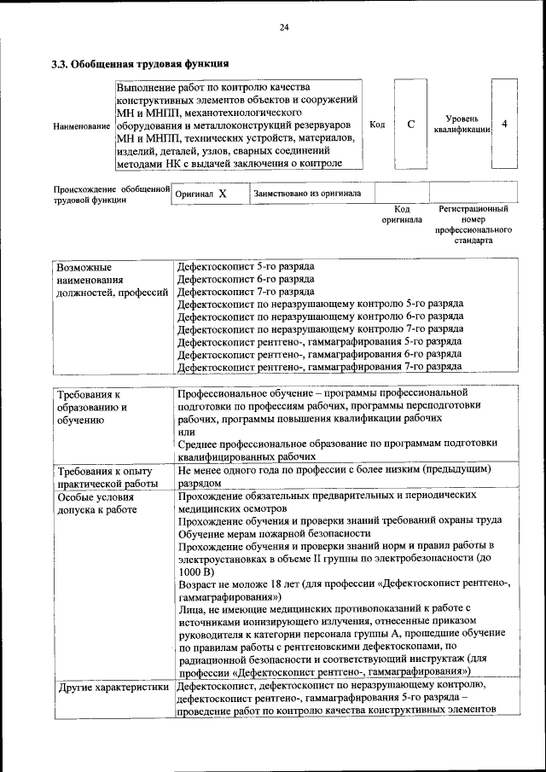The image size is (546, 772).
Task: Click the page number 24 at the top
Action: tap(284, 27)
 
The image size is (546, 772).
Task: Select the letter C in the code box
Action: tap(410, 125)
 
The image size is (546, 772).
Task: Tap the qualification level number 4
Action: tap(504, 125)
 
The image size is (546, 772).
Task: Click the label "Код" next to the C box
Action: tap(376, 125)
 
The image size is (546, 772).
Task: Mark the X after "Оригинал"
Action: tap(222, 194)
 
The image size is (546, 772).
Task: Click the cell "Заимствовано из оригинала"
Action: tap(306, 194)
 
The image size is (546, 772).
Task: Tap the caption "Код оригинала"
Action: tap(402, 214)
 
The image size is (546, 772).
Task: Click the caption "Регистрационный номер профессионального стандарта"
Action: tap(473, 224)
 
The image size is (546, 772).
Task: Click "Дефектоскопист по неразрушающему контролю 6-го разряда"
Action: tap(320, 316)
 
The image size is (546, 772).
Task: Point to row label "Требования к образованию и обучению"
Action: tap(92, 407)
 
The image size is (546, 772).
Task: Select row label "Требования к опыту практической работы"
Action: tap(103, 476)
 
